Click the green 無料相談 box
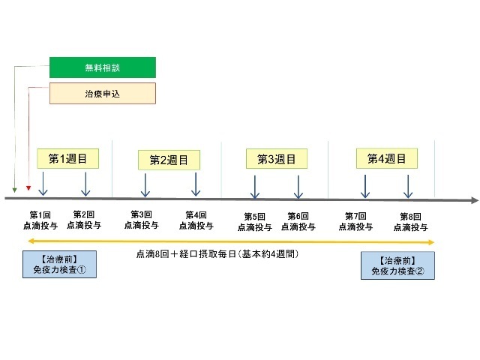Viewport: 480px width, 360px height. [x=103, y=67]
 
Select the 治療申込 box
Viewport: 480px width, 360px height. [x=103, y=94]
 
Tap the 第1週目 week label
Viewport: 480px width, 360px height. [x=68, y=159]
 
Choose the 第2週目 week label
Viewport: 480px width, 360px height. [x=169, y=160]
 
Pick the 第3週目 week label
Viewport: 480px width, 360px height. [x=276, y=159]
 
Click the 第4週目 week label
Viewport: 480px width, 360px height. [x=386, y=159]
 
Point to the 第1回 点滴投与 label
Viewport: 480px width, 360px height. [x=40, y=220]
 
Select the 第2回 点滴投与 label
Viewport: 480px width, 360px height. [x=83, y=220]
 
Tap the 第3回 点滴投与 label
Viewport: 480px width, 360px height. [x=141, y=220]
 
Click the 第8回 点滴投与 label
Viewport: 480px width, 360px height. [x=410, y=223]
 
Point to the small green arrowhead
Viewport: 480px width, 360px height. [x=14, y=188]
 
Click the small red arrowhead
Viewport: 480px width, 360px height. [x=28, y=188]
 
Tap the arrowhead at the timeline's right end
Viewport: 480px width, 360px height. [x=473, y=200]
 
